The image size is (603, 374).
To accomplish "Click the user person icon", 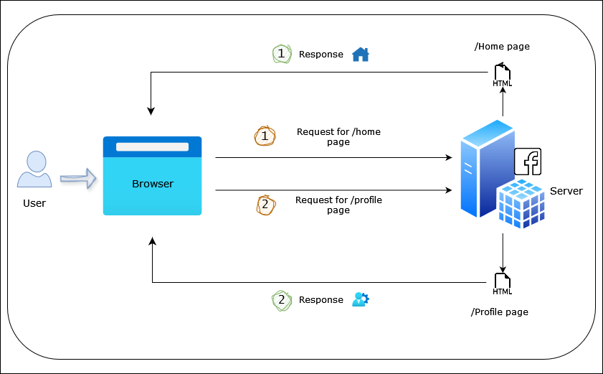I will pos(34,170).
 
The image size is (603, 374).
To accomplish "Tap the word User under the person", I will pos(34,203).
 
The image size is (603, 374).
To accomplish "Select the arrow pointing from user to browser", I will pos(78,178).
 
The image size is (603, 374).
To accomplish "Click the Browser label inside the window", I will pos(152,184).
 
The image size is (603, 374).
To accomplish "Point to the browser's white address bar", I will pos(152,147).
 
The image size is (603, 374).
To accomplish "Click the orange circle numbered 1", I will pos(265,136).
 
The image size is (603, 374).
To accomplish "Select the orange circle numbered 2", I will pos(265,205).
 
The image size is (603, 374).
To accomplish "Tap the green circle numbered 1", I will pos(282,55).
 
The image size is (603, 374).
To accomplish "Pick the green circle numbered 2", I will pos(282,300).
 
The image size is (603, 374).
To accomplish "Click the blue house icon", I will pos(360,54).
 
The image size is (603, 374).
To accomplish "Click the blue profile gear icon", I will pos(360,299).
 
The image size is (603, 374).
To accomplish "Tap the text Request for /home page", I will pos(338,136).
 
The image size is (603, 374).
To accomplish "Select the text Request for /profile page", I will pos(338,205).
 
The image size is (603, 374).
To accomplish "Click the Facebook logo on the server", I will pos(528,162).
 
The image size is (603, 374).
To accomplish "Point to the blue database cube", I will pos(521,202).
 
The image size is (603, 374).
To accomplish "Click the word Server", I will pos(566,191).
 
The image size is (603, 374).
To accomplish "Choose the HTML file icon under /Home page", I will pos(503,75).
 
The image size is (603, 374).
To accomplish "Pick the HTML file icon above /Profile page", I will pos(503,284).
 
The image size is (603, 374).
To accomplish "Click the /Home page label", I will pos(502,47).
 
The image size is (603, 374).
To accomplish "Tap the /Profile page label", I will pos(500,312).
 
